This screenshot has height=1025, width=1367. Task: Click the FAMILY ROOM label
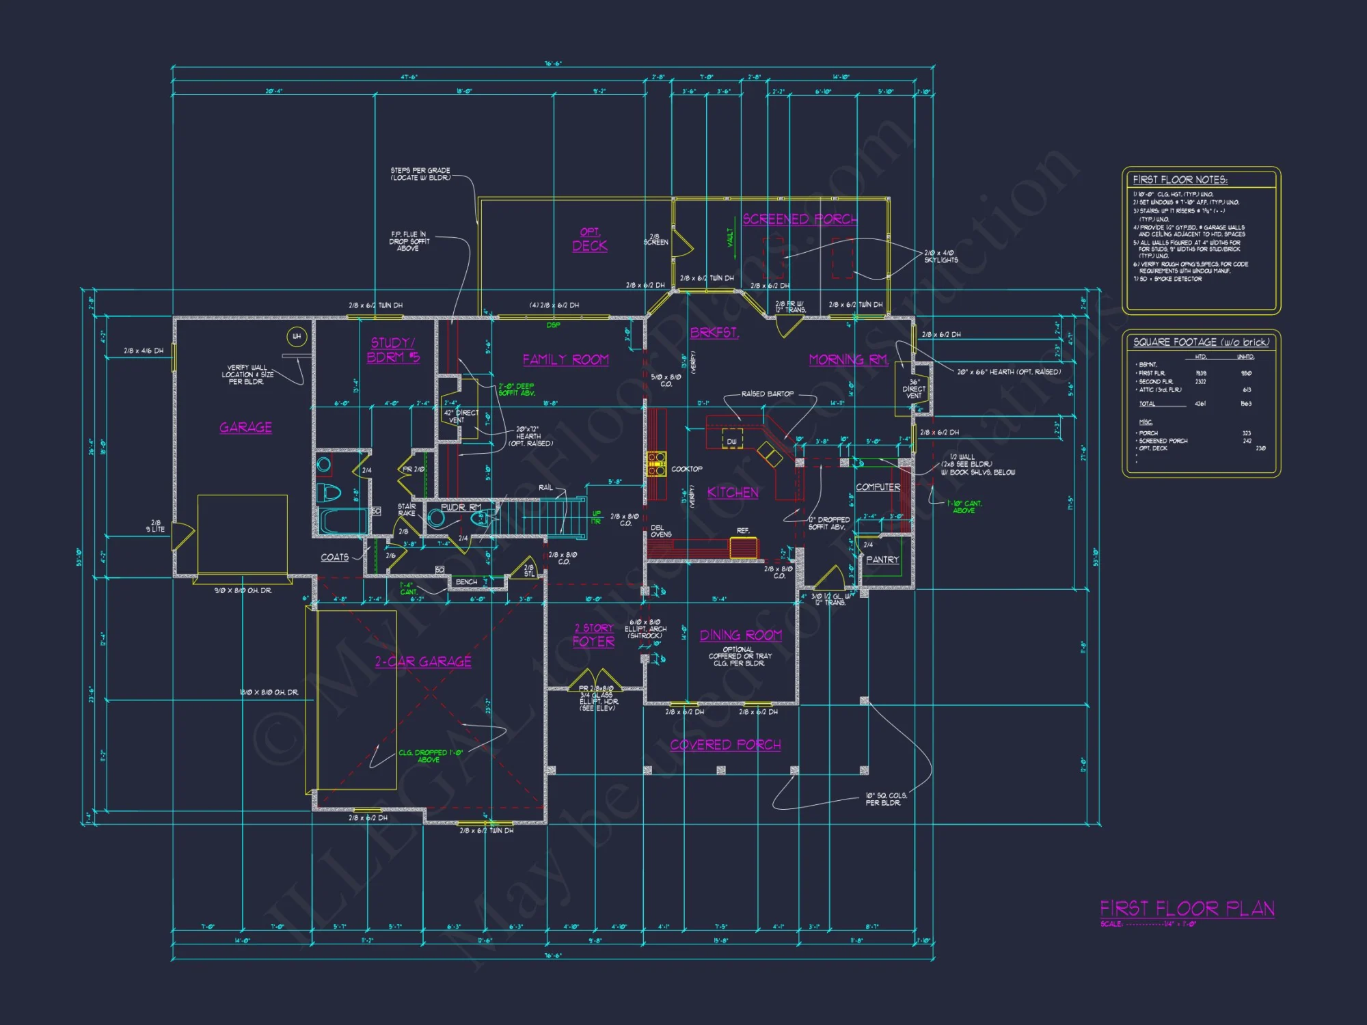pos(565,359)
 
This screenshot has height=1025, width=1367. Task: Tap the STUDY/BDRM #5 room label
pos(393,350)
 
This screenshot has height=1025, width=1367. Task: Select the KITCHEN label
pos(732,492)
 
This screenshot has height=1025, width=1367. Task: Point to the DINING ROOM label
pos(740,635)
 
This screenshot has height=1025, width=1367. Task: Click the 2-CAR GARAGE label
pos(422,661)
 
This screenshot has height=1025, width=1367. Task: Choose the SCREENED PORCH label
pos(799,219)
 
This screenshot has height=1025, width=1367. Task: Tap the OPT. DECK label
pos(589,240)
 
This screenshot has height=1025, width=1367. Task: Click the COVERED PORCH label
pos(725,744)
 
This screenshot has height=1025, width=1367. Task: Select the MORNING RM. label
pos(848,359)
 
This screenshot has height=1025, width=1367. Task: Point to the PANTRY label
pos(882,560)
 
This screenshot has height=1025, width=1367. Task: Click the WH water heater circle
pos(297,336)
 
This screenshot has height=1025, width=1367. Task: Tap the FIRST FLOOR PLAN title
pos(1187,908)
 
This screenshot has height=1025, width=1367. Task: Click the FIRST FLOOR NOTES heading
pos(1180,180)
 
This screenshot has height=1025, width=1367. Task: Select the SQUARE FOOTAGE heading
pos(1200,342)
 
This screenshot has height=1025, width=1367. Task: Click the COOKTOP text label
pos(686,469)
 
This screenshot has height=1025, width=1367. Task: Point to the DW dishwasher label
pos(731,441)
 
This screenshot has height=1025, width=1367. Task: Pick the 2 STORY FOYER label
pos(593,635)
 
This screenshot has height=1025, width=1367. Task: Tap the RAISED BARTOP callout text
pos(767,394)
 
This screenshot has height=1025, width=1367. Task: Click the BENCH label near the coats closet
pos(466,582)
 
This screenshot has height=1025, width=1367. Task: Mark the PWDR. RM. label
pos(461,508)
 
